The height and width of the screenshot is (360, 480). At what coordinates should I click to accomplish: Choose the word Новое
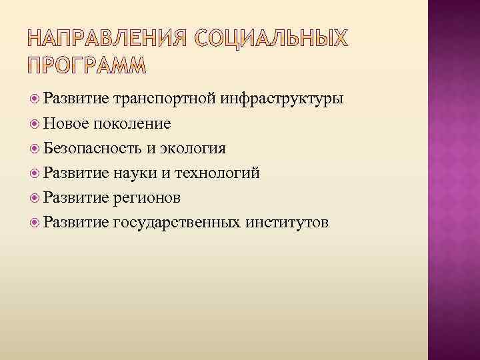pyautogui.click(x=67, y=123)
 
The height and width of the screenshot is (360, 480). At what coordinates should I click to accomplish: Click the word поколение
pyautogui.click(x=133, y=124)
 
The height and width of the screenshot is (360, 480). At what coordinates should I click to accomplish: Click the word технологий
pyautogui.click(x=217, y=173)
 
